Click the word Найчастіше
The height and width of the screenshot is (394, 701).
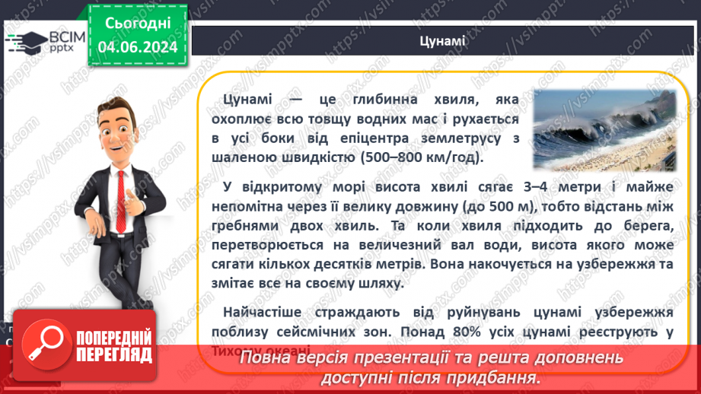pos(263,312)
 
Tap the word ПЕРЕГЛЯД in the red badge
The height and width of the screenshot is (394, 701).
pos(114,354)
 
